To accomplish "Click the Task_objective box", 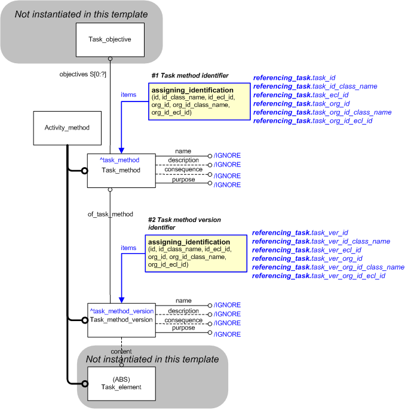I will click(110, 39).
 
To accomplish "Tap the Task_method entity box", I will click(121, 171).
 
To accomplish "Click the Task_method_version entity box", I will click(121, 320).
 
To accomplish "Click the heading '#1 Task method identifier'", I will click(190, 76).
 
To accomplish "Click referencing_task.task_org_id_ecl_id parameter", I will click(312, 121).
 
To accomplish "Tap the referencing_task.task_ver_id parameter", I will click(300, 232).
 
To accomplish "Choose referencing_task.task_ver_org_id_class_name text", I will click(328, 267).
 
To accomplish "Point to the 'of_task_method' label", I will click(110, 214).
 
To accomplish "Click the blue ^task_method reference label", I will click(119, 160).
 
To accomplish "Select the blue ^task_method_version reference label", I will click(122, 311).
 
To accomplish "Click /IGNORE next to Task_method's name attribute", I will click(227, 156).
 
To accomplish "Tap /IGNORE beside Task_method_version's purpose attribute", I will click(227, 334).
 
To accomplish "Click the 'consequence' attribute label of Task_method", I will click(183, 169).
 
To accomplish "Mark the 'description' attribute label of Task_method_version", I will click(183, 310).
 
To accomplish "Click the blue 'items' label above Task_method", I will click(128, 94).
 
